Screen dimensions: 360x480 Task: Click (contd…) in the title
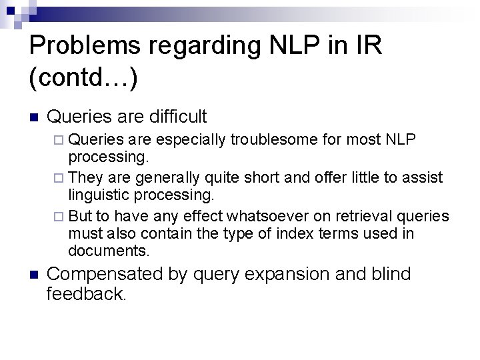[84, 78]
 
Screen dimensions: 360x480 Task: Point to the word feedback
[87, 294]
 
